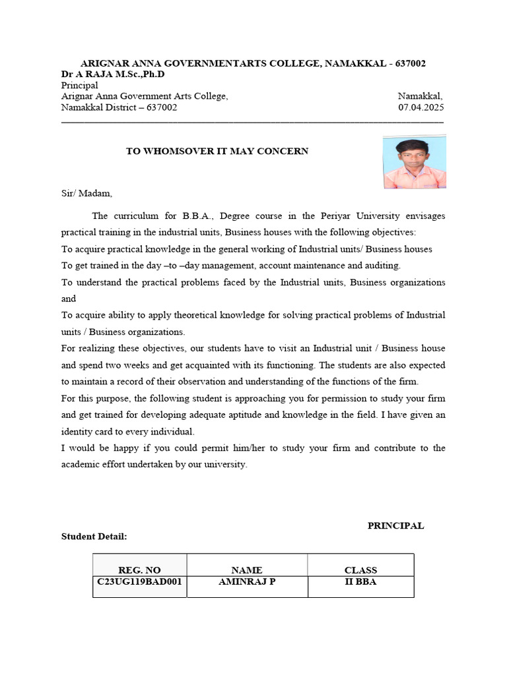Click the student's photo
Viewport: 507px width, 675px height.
(414, 162)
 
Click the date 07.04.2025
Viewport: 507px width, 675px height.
(421, 107)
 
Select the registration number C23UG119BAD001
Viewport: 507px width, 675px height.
(139, 581)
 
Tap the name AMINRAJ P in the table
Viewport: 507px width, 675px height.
(247, 581)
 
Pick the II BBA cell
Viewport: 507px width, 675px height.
(360, 581)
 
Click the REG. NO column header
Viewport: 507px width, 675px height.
(139, 570)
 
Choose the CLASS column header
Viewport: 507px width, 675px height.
(360, 570)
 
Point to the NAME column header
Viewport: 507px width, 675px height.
(247, 570)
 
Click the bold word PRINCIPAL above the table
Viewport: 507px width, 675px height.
(395, 525)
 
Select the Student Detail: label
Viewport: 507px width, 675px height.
(94, 537)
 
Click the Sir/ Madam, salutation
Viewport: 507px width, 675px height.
(87, 193)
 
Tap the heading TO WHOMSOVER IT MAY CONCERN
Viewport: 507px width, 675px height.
(217, 151)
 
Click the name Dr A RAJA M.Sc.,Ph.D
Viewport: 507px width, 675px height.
(113, 74)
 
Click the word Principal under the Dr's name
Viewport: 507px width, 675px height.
(79, 86)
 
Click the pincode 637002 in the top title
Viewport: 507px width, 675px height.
(410, 63)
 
